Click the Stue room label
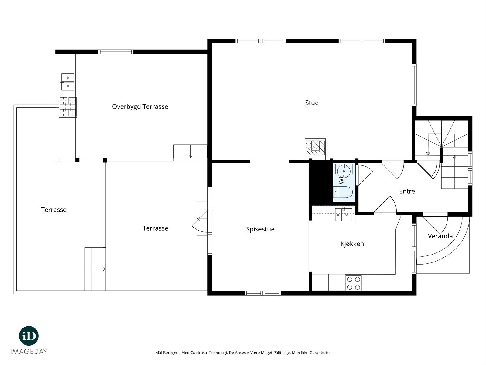pyautogui.click(x=312, y=103)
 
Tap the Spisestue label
pyautogui.click(x=260, y=229)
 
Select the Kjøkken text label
pyautogui.click(x=352, y=244)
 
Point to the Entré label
pyautogui.click(x=407, y=191)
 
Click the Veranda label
pyautogui.click(x=440, y=236)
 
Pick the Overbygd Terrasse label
pyautogui.click(x=140, y=107)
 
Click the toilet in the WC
pyautogui.click(x=343, y=192)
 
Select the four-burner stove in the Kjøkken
pyautogui.click(x=354, y=283)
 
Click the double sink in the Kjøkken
pyautogui.click(x=343, y=214)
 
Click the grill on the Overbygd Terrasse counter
pyautogui.click(x=68, y=106)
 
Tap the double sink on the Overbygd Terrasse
pyautogui.click(x=68, y=82)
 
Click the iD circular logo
pyautogui.click(x=29, y=336)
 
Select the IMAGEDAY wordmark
pyautogui.click(x=29, y=352)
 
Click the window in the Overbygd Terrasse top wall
pyautogui.click(x=116, y=52)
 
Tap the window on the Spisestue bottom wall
pyautogui.click(x=263, y=293)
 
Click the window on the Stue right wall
pyautogui.click(x=414, y=85)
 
